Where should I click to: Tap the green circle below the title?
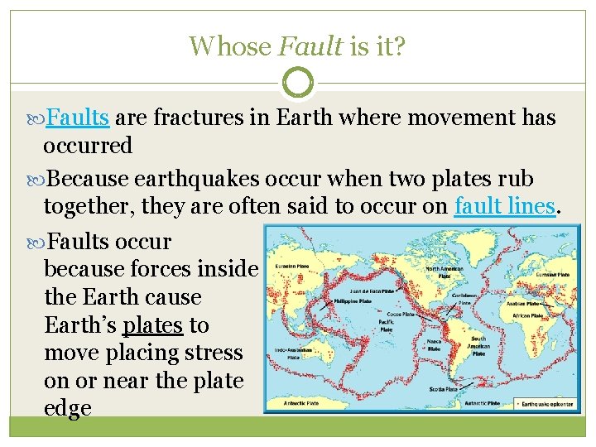click(x=298, y=83)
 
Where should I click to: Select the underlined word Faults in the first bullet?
click(x=78, y=118)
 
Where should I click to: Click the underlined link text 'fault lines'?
click(x=504, y=207)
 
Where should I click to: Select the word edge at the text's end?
click(x=67, y=409)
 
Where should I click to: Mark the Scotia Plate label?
click(x=442, y=387)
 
